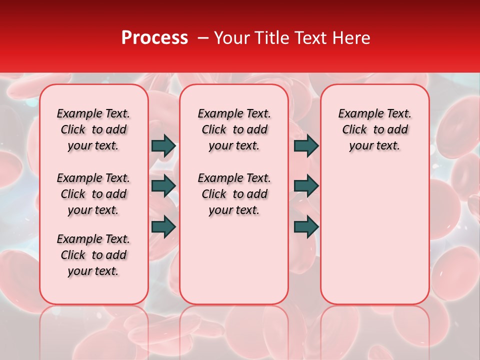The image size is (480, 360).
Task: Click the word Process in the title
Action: pyautogui.click(x=154, y=38)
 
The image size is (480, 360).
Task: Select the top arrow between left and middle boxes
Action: pyautogui.click(x=163, y=146)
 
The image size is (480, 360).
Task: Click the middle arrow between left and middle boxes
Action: pyautogui.click(x=163, y=186)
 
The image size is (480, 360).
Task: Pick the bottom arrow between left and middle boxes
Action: pyautogui.click(x=163, y=227)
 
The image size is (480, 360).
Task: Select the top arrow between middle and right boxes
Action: pyautogui.click(x=306, y=146)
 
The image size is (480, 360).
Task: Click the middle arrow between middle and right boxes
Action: pyautogui.click(x=306, y=186)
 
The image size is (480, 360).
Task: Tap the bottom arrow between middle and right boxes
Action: pyautogui.click(x=306, y=227)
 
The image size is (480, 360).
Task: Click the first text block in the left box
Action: pyautogui.click(x=93, y=129)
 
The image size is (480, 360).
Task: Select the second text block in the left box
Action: pyautogui.click(x=93, y=194)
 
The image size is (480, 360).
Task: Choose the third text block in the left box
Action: pyautogui.click(x=93, y=255)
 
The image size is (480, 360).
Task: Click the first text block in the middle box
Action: pyautogui.click(x=234, y=129)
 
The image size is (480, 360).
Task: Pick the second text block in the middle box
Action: pyautogui.click(x=234, y=194)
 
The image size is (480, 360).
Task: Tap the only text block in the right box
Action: pyautogui.click(x=374, y=129)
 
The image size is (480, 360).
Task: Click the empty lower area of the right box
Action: pyautogui.click(x=374, y=235)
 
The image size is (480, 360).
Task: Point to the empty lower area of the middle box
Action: pyautogui.click(x=234, y=260)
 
